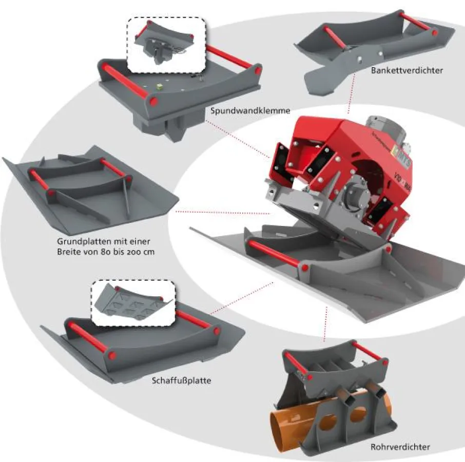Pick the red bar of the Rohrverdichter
[x=365, y=351]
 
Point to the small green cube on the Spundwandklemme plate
[x=160, y=88]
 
